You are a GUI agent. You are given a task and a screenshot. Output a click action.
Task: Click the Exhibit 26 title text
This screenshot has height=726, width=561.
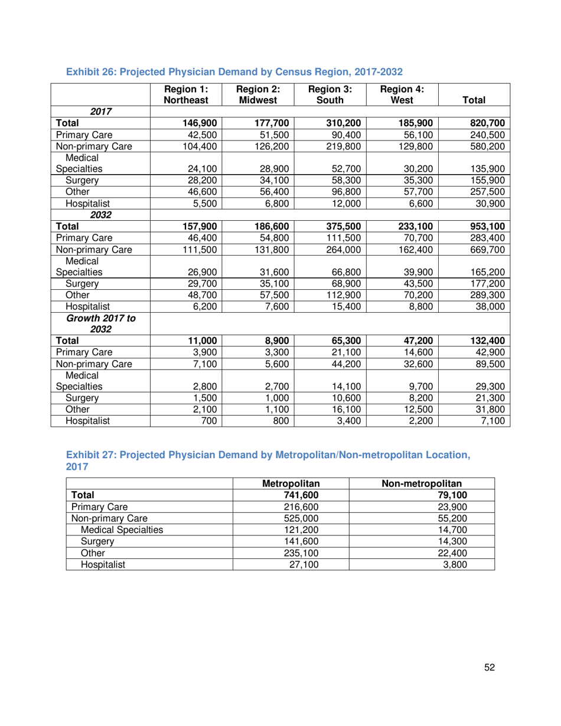[x=234, y=71]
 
